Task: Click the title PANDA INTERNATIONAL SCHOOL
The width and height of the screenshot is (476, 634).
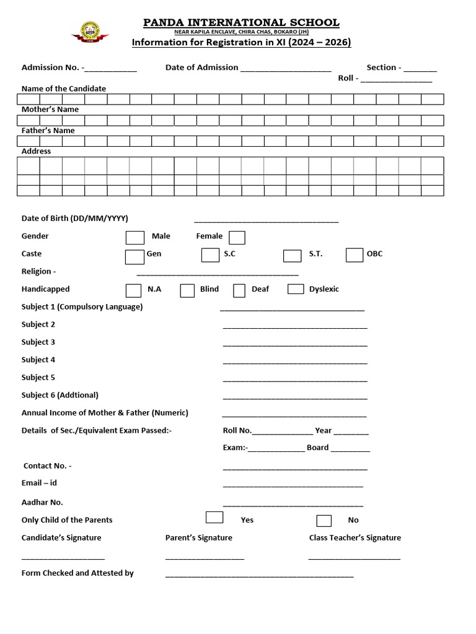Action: [x=241, y=23]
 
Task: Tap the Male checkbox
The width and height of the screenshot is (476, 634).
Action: [x=134, y=237]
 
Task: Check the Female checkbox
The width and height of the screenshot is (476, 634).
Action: [x=237, y=237]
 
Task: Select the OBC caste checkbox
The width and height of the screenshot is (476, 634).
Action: [x=355, y=255]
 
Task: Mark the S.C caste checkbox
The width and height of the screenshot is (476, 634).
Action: [x=210, y=255]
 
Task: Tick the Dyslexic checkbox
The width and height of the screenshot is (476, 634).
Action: [x=296, y=289]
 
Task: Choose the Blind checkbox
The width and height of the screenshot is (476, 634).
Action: [x=187, y=290]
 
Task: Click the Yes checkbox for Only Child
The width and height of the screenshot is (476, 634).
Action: [x=214, y=518]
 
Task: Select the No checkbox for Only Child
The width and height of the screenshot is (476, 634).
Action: [x=324, y=521]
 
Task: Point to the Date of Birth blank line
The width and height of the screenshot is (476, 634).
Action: [x=267, y=221]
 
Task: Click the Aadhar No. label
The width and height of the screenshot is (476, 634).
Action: [x=42, y=503]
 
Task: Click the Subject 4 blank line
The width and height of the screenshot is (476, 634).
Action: [x=295, y=363]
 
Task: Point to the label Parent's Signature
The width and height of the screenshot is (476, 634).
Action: [x=199, y=537]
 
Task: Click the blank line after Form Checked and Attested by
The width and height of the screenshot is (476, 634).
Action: [x=259, y=576]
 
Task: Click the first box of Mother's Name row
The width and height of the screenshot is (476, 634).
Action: [x=29, y=120]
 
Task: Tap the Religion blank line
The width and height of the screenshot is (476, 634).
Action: [x=218, y=274]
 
